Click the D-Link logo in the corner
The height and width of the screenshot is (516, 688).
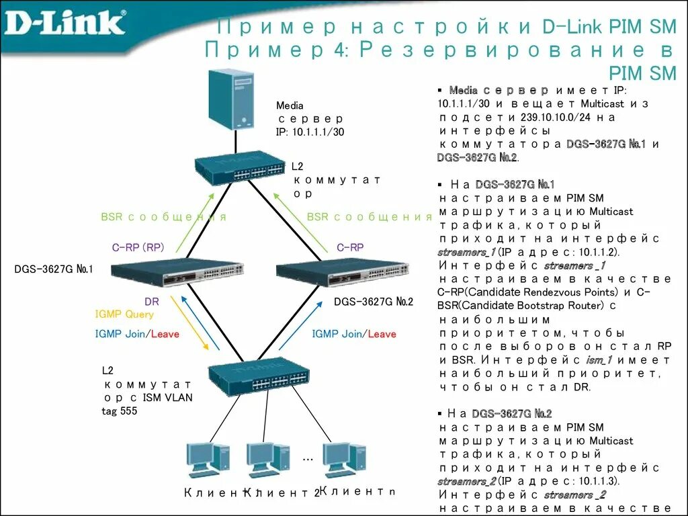[x=65, y=22]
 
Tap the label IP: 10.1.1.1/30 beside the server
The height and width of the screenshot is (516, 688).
[x=310, y=132]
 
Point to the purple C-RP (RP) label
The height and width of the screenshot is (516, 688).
[x=138, y=247]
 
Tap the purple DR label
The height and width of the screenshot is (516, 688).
[x=152, y=302]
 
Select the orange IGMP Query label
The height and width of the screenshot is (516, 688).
[x=124, y=314]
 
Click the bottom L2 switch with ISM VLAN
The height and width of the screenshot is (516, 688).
[x=259, y=376]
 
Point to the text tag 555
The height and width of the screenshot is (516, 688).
[x=120, y=411]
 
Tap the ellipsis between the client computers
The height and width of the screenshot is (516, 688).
[x=308, y=458]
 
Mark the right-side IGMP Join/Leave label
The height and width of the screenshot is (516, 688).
[x=354, y=334]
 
